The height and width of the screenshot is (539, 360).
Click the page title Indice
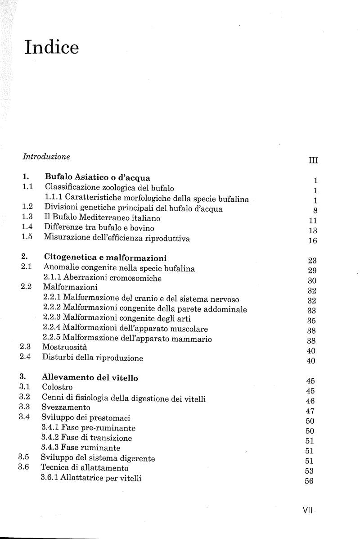[x=52, y=47]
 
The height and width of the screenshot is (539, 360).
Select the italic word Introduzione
[x=46, y=157]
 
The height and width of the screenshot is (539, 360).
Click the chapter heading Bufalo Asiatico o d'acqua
[x=97, y=177]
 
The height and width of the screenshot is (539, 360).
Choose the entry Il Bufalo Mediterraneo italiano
[x=102, y=217]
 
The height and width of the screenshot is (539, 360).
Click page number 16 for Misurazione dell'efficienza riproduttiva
[x=313, y=240]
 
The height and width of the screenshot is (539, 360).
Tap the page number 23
[x=313, y=260]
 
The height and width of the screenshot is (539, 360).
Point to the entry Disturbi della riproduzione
[x=93, y=358]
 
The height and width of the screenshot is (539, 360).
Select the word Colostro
[x=57, y=387]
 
